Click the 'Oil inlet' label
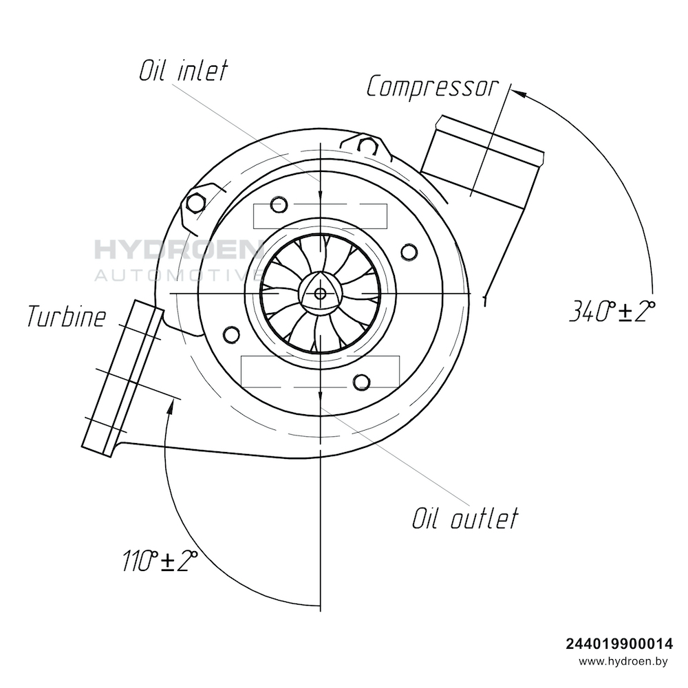click(x=184, y=71)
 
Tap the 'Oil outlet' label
click(x=465, y=518)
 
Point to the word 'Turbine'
click(x=67, y=316)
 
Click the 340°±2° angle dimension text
click(x=612, y=311)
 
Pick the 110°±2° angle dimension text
click(x=160, y=560)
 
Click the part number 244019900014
click(x=619, y=644)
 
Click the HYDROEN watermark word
click(x=178, y=249)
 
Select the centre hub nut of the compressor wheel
click(x=321, y=292)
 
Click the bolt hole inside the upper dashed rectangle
click(x=279, y=204)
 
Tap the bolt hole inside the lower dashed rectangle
click(x=362, y=382)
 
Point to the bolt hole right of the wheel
click(x=409, y=252)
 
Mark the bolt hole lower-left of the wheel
click(x=232, y=335)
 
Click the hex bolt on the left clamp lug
click(x=195, y=203)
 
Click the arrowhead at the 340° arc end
click(x=519, y=94)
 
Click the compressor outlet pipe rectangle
click(x=482, y=160)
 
